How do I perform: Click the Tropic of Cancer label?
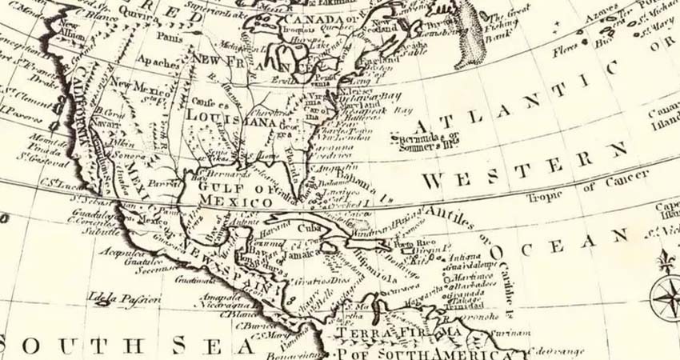[x=575, y=192]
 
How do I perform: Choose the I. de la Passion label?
[x=125, y=299]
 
